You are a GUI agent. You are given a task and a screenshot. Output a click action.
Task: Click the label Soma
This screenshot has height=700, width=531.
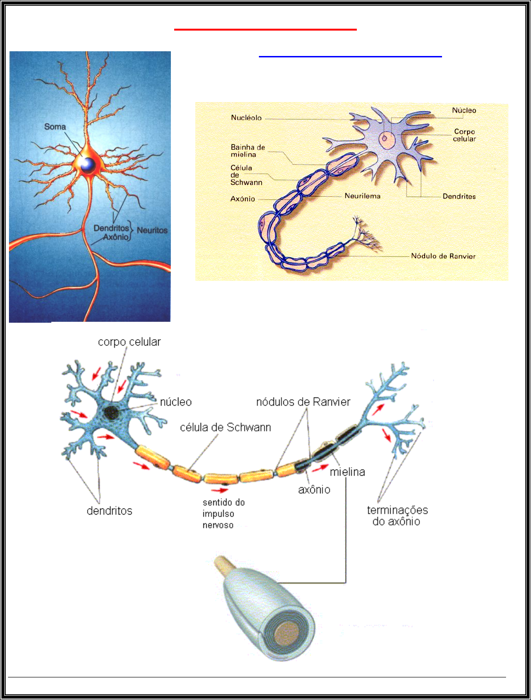point(55,127)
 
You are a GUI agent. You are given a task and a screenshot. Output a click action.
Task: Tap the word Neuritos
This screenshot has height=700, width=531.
point(152,230)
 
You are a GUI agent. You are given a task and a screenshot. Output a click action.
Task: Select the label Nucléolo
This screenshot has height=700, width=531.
point(246,118)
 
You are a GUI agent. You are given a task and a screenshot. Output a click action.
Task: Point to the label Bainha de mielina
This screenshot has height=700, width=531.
point(248,151)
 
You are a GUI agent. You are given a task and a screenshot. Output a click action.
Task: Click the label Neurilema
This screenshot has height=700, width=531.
point(362,196)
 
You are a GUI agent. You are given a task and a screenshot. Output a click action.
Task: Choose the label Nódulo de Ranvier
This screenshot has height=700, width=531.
point(443,256)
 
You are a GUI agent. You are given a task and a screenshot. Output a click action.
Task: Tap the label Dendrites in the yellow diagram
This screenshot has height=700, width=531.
point(459,196)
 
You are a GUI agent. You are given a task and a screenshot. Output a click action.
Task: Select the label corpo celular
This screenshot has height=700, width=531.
point(129,342)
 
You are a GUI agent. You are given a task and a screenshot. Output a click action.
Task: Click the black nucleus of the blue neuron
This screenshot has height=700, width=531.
point(112,413)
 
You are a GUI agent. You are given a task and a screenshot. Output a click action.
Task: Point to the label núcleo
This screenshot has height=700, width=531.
point(176,402)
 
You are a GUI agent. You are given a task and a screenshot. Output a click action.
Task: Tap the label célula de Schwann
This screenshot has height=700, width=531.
point(225,427)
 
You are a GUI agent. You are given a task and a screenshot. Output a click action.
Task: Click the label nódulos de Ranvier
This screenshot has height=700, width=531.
point(303,402)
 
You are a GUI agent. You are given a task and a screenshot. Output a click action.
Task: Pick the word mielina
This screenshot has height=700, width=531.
point(347,472)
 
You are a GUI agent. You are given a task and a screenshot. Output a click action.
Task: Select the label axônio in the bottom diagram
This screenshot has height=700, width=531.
point(314,490)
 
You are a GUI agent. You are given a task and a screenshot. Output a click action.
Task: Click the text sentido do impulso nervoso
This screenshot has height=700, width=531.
point(224,514)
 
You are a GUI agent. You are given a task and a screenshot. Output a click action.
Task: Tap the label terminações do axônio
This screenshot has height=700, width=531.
point(397,516)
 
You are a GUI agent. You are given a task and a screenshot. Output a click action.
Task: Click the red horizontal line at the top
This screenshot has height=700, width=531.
point(265,30)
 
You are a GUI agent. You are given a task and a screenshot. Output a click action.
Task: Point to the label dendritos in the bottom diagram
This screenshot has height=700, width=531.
point(109,511)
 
